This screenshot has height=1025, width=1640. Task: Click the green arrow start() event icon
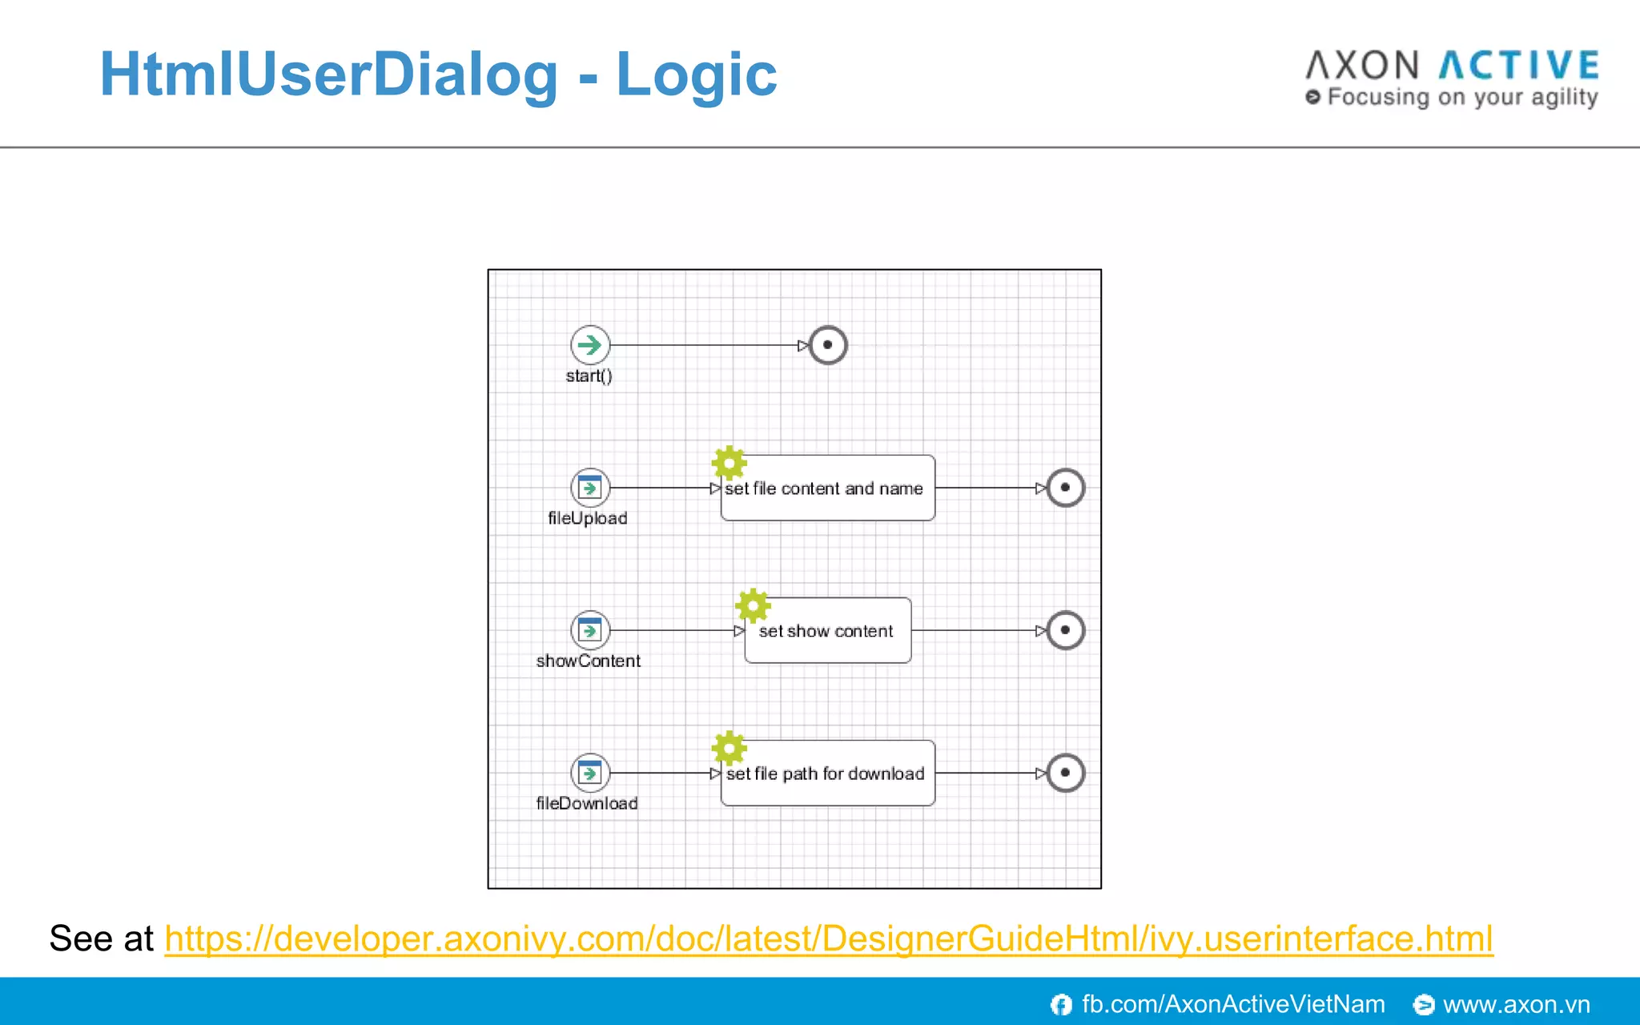click(590, 345)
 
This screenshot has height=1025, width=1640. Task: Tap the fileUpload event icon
click(590, 487)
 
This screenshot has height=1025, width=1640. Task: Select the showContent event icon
click(590, 630)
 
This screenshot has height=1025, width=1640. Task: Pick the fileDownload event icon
click(590, 773)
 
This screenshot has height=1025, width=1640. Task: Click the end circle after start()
click(828, 345)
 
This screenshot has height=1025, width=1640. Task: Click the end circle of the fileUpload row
click(1065, 488)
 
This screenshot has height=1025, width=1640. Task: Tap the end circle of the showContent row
click(1065, 630)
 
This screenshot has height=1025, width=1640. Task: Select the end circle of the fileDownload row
click(1065, 773)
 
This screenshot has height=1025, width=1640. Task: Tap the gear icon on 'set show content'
click(753, 605)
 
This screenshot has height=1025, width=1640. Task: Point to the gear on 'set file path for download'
click(729, 748)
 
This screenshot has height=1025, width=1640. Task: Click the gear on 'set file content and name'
click(729, 463)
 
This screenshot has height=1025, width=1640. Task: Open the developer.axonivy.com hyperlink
click(828, 939)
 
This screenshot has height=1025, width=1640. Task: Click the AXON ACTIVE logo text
click(1452, 66)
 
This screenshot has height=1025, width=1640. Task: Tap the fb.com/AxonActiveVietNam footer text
click(1232, 1004)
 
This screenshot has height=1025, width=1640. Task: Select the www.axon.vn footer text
click(1516, 1004)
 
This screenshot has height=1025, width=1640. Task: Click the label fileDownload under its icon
click(587, 803)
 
